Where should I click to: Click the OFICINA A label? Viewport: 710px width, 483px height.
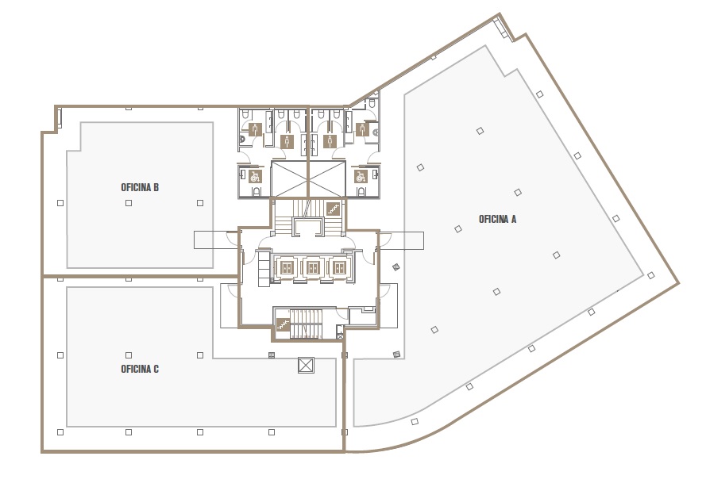coord(497,220)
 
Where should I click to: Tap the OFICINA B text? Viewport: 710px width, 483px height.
coord(140,187)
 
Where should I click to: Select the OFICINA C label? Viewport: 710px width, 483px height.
coord(140,369)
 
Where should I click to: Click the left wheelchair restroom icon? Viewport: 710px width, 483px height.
coord(256,176)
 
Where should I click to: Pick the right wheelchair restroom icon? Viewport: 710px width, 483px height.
coord(361,176)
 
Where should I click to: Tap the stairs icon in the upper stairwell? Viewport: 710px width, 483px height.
coord(334,209)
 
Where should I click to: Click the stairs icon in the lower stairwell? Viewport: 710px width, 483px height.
coord(283,324)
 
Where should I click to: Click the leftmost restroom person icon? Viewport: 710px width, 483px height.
coord(256,129)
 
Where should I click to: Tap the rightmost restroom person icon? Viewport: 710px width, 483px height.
coord(361,129)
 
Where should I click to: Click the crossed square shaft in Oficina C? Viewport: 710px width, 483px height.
coord(306,366)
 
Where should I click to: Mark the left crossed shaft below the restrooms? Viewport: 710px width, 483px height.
coord(289,179)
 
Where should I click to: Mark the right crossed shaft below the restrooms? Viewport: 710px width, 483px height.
coord(327,179)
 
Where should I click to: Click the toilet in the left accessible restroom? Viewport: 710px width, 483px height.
coord(257,192)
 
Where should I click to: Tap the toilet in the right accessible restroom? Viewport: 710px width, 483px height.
coord(361,192)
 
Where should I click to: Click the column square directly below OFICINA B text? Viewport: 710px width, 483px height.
coord(129,203)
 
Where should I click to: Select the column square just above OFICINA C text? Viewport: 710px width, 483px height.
coord(129,355)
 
